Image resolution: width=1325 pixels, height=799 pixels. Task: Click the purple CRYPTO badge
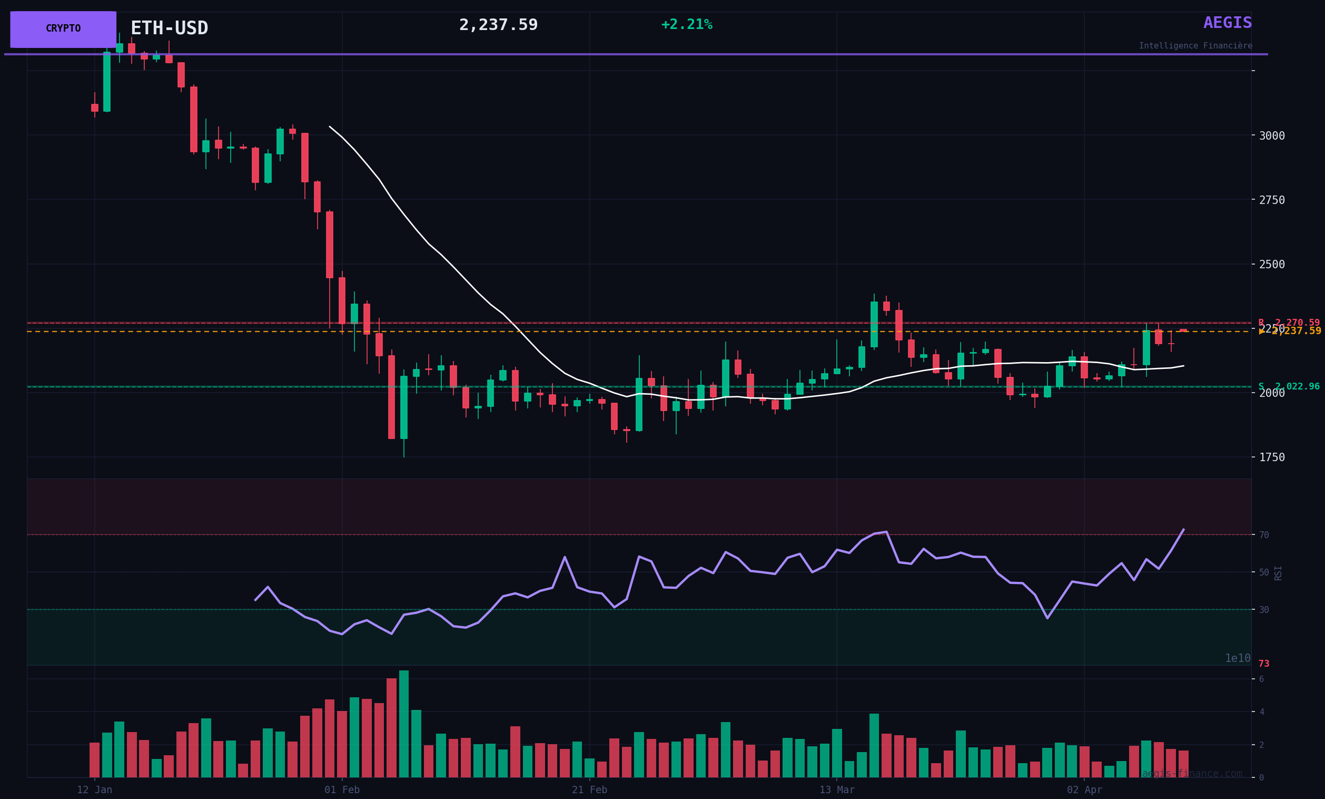tap(63, 29)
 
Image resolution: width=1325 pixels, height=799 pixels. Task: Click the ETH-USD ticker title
tap(169, 28)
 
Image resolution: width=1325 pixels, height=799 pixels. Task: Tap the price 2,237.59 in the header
tap(498, 25)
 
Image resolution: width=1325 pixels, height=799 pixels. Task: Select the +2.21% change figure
tap(687, 25)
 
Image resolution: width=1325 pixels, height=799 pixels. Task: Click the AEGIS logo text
tap(1227, 23)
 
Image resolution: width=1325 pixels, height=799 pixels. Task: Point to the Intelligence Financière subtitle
tap(1195, 46)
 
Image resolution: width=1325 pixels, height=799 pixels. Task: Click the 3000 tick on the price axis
tap(1272, 135)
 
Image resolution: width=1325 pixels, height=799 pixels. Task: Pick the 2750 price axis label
tap(1272, 200)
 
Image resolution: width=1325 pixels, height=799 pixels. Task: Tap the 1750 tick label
tap(1272, 457)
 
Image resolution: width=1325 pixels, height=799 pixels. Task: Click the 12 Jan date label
tap(95, 790)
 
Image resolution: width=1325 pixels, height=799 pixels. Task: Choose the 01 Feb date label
tap(342, 790)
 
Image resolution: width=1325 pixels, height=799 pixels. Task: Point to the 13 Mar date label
tap(837, 790)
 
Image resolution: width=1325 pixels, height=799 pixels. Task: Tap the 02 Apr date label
tap(1085, 790)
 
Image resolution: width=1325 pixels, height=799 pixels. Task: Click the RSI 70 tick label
tap(1264, 535)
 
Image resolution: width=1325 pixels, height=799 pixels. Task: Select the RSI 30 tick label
tap(1264, 610)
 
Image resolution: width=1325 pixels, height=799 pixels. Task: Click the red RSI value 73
tap(1264, 664)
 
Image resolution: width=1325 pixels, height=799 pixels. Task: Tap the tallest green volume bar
tap(404, 724)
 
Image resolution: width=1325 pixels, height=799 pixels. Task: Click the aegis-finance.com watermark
tap(1192, 774)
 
